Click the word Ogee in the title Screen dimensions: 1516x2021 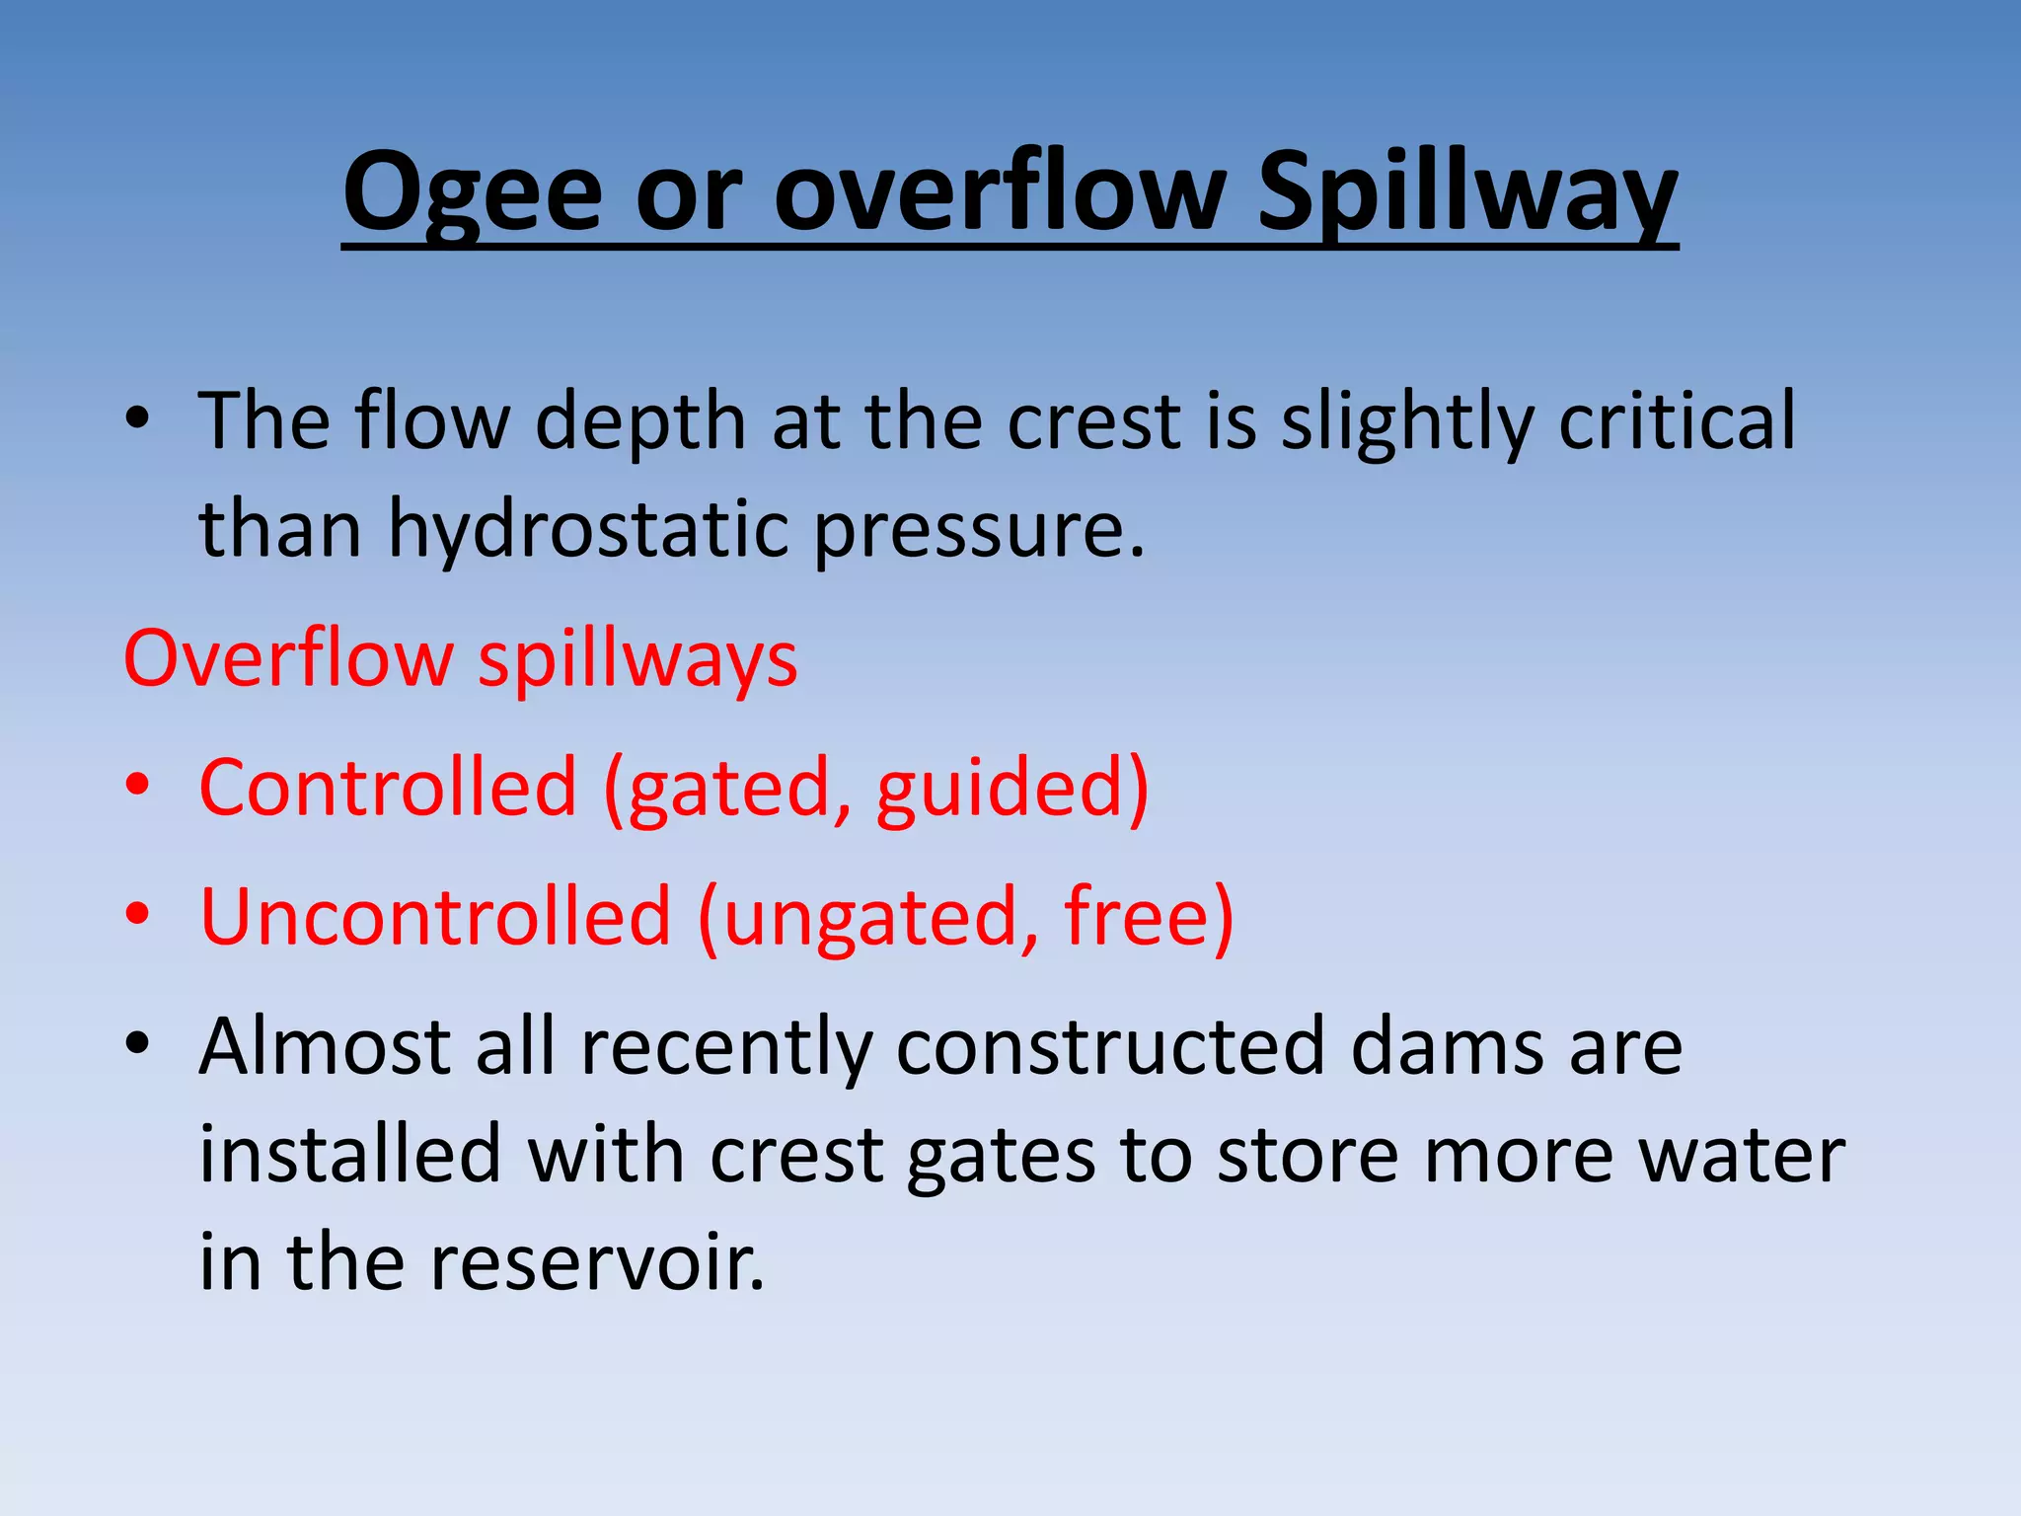[472, 192]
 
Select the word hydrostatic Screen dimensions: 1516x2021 [588, 530]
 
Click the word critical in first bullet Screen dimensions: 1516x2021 [1677, 421]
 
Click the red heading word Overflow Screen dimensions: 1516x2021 [287, 658]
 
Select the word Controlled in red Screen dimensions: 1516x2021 [388, 788]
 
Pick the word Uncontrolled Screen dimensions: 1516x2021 [435, 917]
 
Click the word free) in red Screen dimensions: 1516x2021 [1148, 917]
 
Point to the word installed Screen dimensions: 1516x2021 [350, 1155]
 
